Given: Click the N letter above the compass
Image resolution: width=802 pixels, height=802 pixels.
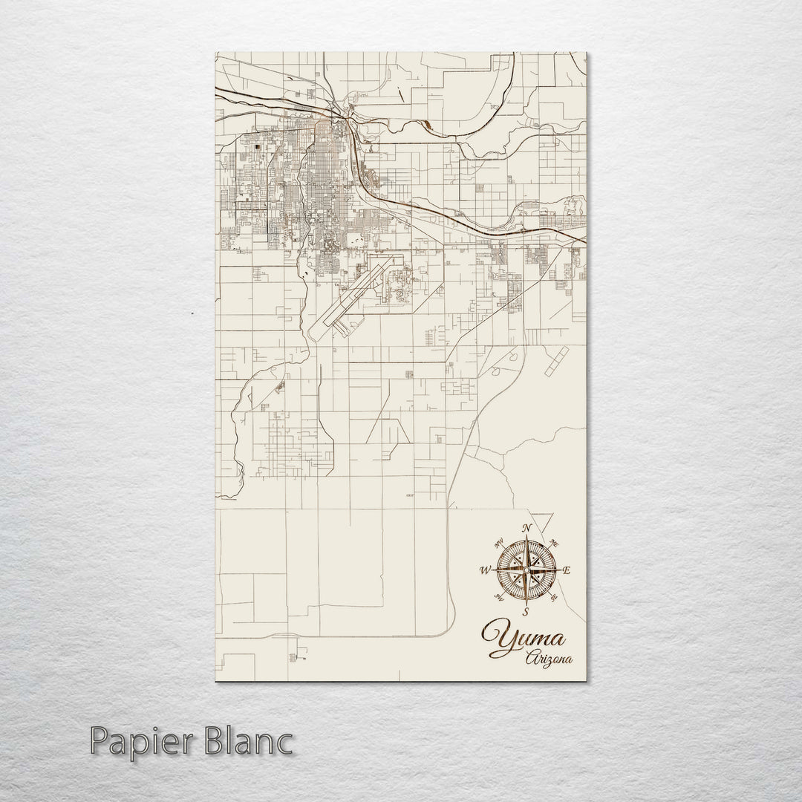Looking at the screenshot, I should click(526, 529).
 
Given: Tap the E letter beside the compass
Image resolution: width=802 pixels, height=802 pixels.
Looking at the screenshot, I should click(567, 571).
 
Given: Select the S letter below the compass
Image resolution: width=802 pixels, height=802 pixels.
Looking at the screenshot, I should click(526, 612).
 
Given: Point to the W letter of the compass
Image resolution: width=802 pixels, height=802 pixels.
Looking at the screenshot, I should click(485, 570).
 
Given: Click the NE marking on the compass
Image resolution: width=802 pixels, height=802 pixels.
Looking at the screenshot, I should click(555, 543).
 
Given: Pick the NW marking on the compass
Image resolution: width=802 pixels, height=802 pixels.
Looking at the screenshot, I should click(498, 542).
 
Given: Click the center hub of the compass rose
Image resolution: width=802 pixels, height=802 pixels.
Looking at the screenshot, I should click(526, 570).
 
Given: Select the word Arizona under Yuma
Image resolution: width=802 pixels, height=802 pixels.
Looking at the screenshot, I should click(550, 658).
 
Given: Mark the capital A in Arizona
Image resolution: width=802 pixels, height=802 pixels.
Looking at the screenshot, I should click(530, 658).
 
